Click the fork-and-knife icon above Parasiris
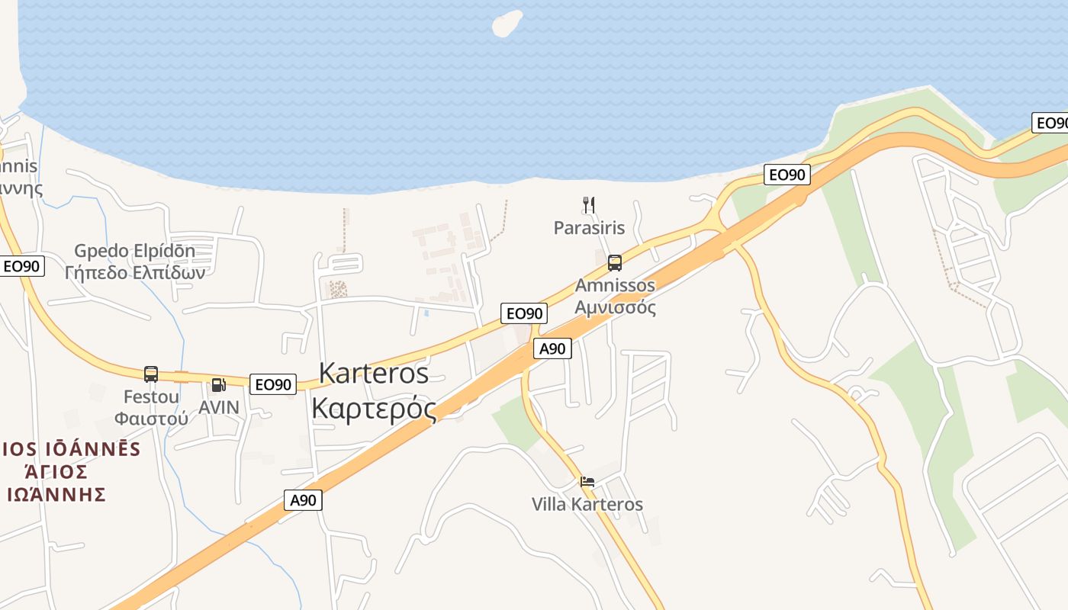(x=588, y=204)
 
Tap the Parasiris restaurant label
(x=589, y=227)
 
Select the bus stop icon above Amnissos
(x=615, y=263)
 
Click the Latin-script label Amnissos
(x=615, y=286)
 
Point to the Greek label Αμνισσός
(x=615, y=307)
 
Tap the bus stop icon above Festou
(x=151, y=374)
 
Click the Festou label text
(x=151, y=396)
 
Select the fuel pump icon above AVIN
(x=218, y=385)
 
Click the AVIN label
(x=219, y=407)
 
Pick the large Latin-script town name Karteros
(x=374, y=373)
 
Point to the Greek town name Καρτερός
(x=374, y=408)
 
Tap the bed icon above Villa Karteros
(x=587, y=482)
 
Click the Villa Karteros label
(x=587, y=504)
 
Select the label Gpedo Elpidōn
(x=135, y=251)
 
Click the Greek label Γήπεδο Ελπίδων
(x=135, y=272)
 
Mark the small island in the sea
(x=507, y=23)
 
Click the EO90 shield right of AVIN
(x=272, y=384)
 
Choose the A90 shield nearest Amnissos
(x=552, y=348)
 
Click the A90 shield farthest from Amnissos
(x=304, y=500)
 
